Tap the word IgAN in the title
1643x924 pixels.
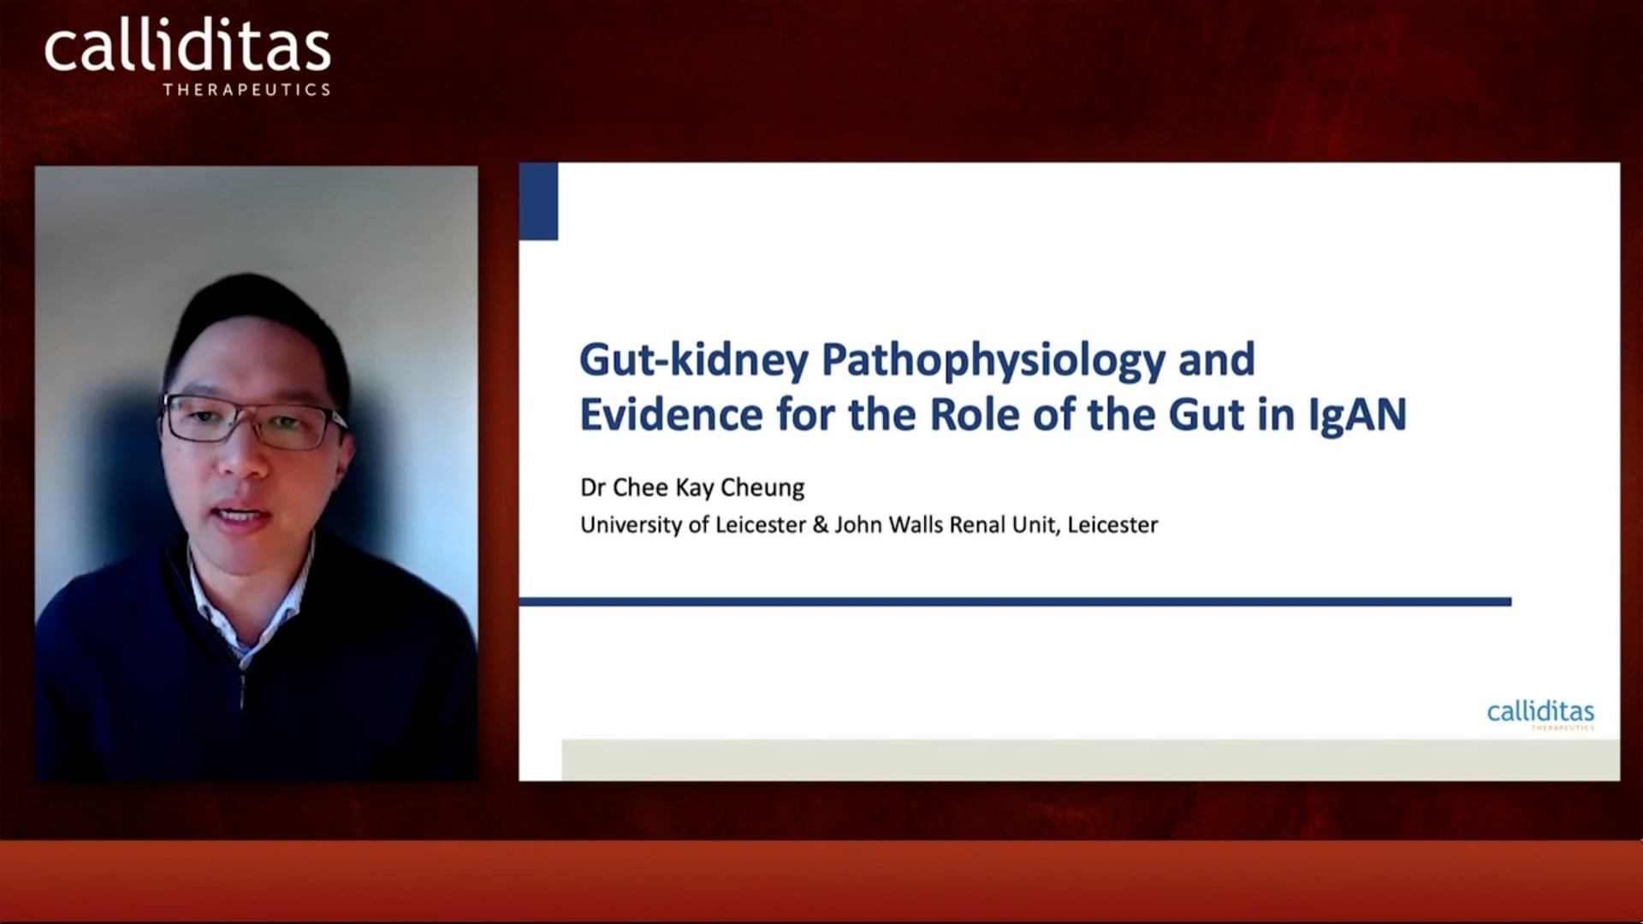pyautogui.click(x=1357, y=415)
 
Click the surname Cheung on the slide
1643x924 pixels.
pyautogui.click(x=762, y=488)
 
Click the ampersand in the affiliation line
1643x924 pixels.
pyautogui.click(x=821, y=524)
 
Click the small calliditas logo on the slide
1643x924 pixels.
pyautogui.click(x=1540, y=714)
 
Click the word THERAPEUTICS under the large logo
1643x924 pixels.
pyautogui.click(x=246, y=89)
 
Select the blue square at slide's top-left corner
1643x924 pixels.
pyautogui.click(x=538, y=202)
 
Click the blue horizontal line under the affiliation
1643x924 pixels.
pyautogui.click(x=1015, y=601)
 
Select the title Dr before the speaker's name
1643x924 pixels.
pyautogui.click(x=593, y=488)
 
